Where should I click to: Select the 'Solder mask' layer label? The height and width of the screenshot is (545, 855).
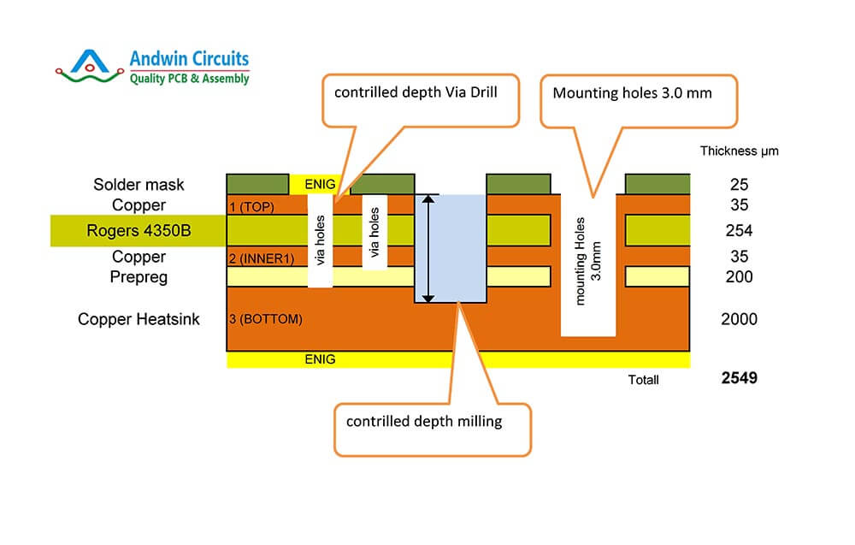pos(139,185)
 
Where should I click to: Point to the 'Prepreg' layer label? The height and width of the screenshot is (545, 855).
pos(139,276)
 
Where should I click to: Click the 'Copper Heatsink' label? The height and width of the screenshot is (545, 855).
pos(139,319)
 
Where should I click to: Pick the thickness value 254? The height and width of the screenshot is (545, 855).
pos(739,231)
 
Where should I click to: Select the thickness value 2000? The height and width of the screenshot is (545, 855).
pos(739,319)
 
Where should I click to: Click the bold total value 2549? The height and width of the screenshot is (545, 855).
pos(739,377)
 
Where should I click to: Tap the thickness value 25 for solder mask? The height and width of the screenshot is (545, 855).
pos(739,185)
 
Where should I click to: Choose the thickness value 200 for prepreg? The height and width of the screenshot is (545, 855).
pos(739,276)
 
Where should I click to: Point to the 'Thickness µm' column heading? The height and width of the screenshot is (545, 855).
pos(739,151)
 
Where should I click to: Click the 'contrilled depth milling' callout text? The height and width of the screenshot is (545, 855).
pos(423,421)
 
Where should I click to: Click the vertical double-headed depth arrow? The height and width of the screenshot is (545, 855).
pos(429,248)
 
